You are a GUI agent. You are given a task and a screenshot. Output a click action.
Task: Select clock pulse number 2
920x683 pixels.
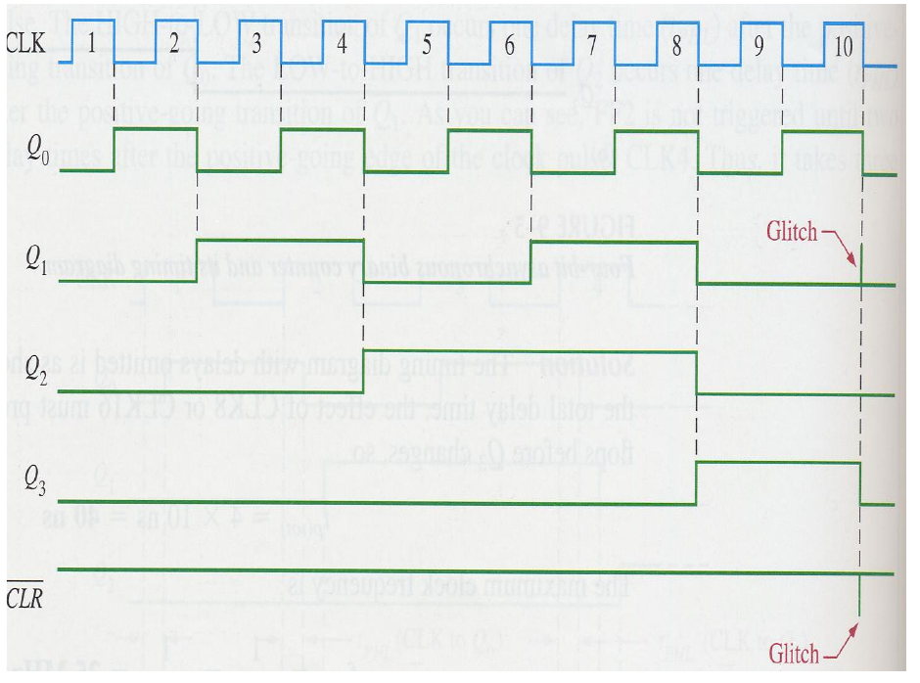click(173, 43)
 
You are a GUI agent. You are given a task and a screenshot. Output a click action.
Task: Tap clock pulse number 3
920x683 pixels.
click(256, 43)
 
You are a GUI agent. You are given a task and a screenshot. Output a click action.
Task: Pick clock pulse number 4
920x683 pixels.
click(341, 43)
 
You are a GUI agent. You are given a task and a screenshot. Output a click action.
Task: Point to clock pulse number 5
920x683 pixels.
click(426, 43)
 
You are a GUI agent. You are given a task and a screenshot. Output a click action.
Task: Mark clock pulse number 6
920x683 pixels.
click(509, 43)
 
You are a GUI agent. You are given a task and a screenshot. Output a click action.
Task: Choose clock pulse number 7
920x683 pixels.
click(592, 43)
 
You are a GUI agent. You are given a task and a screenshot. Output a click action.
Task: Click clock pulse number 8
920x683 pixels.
click(676, 43)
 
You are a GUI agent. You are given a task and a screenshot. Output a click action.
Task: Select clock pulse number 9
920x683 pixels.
click(759, 43)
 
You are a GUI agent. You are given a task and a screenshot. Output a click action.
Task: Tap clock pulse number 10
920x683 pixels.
click(843, 43)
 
